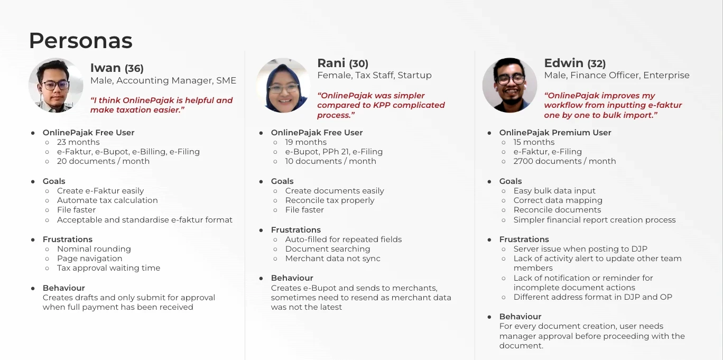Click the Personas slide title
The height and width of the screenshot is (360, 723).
coord(81,41)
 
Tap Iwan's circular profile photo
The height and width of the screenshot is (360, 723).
coord(56,85)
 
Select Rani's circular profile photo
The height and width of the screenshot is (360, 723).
coord(283,85)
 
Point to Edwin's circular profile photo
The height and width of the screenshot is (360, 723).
coord(509,85)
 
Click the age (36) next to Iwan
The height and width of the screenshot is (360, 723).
coord(134,68)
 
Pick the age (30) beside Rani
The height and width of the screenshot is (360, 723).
coord(359,63)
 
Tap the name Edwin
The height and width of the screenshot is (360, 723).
coord(563,63)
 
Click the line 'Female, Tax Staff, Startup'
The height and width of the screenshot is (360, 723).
coord(374,75)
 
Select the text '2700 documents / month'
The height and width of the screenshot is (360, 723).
coord(564,161)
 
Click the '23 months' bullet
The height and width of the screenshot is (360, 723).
coord(78,142)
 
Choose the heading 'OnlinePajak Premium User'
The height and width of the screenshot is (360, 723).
coord(555,133)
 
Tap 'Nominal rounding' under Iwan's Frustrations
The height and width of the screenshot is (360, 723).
coord(94,249)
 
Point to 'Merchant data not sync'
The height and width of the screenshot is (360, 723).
coord(333,259)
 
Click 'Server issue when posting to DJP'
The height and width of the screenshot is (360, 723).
coord(580,249)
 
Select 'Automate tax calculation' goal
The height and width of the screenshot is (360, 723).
coord(107,200)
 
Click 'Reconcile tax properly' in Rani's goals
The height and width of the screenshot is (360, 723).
coord(330,200)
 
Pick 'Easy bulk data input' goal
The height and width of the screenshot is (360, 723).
coord(554,191)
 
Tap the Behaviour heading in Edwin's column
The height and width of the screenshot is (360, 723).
coord(520,317)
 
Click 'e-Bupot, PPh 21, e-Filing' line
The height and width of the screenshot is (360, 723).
coord(333,152)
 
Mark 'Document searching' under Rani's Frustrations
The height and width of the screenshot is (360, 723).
coord(328,249)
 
